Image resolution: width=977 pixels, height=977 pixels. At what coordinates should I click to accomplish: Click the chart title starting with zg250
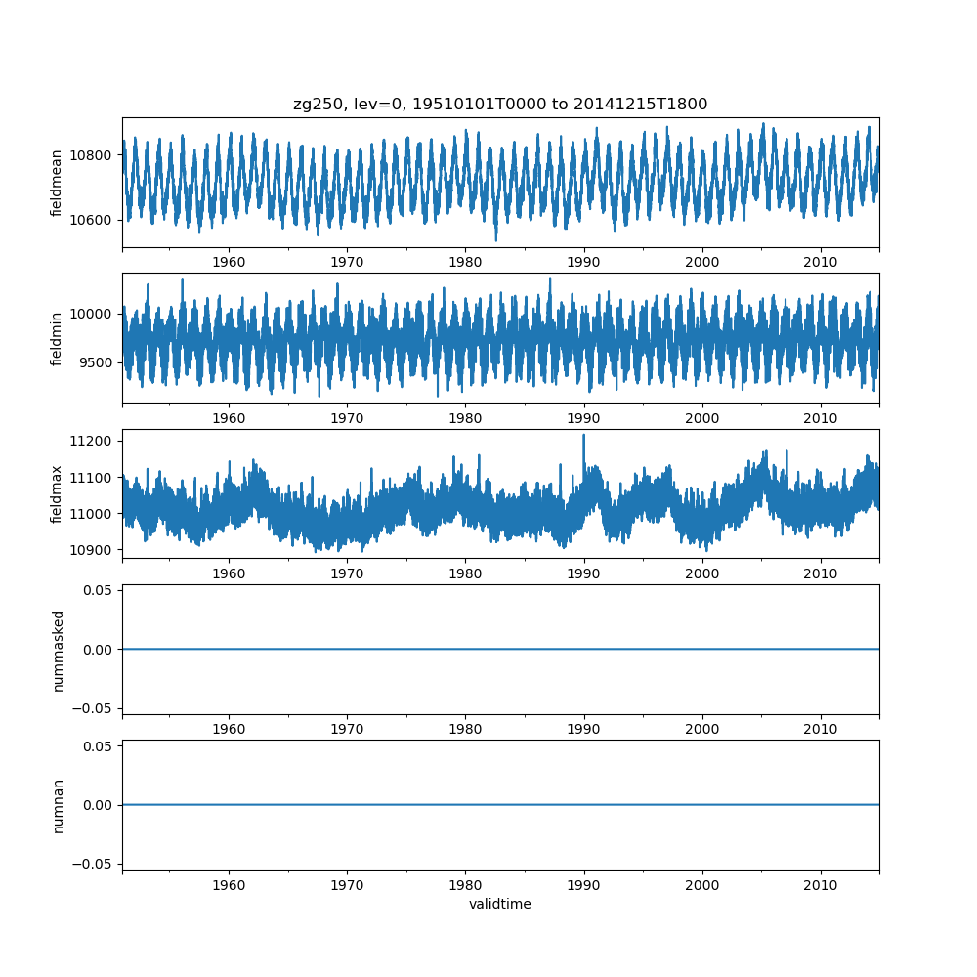pyautogui.click(x=500, y=104)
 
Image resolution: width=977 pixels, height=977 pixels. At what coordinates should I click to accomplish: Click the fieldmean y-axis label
pyautogui.click(x=57, y=183)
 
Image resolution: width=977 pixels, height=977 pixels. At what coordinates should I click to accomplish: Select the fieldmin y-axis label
pyautogui.click(x=57, y=338)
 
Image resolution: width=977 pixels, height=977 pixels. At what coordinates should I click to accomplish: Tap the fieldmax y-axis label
pyautogui.click(x=57, y=493)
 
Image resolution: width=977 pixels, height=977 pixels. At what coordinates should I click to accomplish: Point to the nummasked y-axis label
pyautogui.click(x=57, y=649)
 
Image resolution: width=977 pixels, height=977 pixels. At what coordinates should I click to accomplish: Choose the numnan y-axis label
pyautogui.click(x=57, y=805)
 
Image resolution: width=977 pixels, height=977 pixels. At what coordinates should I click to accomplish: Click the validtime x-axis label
pyautogui.click(x=500, y=905)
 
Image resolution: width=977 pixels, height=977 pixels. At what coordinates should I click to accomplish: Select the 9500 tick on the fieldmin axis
pyautogui.click(x=98, y=362)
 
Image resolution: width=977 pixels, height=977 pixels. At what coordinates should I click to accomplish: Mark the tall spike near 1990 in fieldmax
pyautogui.click(x=584, y=437)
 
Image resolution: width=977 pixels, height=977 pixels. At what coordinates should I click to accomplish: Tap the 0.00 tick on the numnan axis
pyautogui.click(x=101, y=805)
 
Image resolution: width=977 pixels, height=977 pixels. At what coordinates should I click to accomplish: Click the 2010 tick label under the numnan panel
pyautogui.click(x=821, y=884)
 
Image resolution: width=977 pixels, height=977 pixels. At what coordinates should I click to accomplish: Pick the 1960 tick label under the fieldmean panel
pyautogui.click(x=229, y=262)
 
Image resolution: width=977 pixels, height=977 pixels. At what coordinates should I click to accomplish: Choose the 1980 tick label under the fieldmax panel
pyautogui.click(x=465, y=573)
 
